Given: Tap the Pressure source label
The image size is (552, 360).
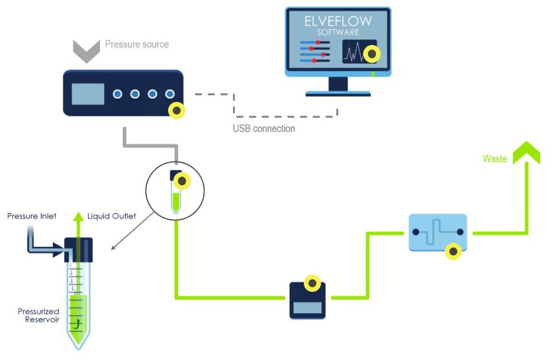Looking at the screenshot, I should (x=137, y=44).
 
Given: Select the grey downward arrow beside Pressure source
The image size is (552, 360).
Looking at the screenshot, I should (x=86, y=50).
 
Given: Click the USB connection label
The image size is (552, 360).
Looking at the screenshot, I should (x=264, y=128).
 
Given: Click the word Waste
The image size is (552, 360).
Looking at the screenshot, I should (x=494, y=159).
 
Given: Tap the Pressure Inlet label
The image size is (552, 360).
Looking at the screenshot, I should (x=32, y=216).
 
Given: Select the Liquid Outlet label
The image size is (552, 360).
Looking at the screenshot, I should (x=112, y=216).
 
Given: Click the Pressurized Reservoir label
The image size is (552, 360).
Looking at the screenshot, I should (x=38, y=316).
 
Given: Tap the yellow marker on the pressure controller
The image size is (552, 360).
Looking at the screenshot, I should (x=176, y=110).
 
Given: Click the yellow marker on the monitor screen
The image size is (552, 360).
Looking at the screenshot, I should (x=373, y=54).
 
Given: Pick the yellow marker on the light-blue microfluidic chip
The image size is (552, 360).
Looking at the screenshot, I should (x=453, y=251).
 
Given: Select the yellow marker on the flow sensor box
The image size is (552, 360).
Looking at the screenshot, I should (x=312, y=283).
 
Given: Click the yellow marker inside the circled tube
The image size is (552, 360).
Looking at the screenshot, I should (x=183, y=180).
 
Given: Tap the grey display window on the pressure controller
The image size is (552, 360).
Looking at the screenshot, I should (x=88, y=95).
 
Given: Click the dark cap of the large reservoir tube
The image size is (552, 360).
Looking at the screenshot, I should (x=78, y=249).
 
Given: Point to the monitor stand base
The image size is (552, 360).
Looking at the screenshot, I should (x=338, y=93).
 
